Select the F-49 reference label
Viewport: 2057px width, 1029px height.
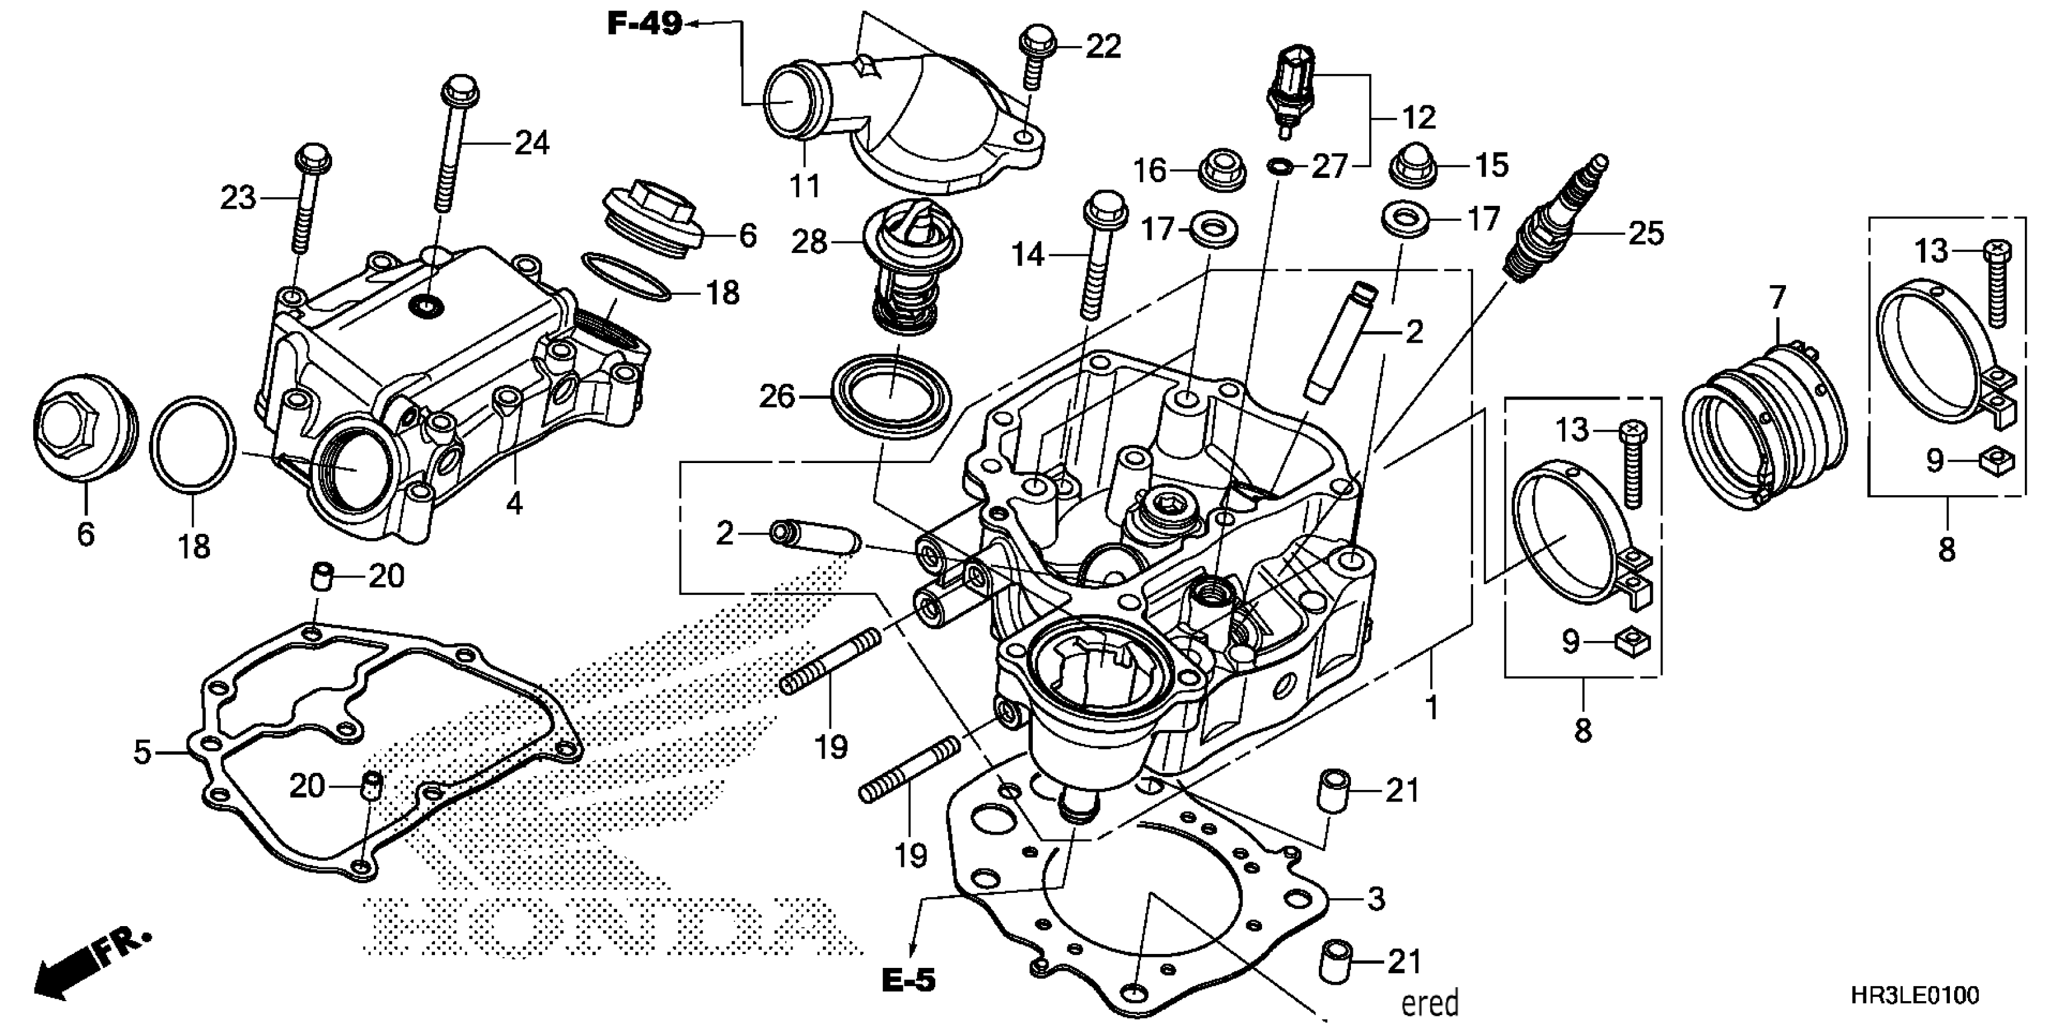tap(644, 25)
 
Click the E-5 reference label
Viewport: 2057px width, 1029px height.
tap(908, 980)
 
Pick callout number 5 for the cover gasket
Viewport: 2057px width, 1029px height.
tap(142, 752)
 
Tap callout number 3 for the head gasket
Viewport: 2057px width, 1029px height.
tap(1375, 898)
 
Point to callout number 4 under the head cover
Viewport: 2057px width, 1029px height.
tap(514, 504)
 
